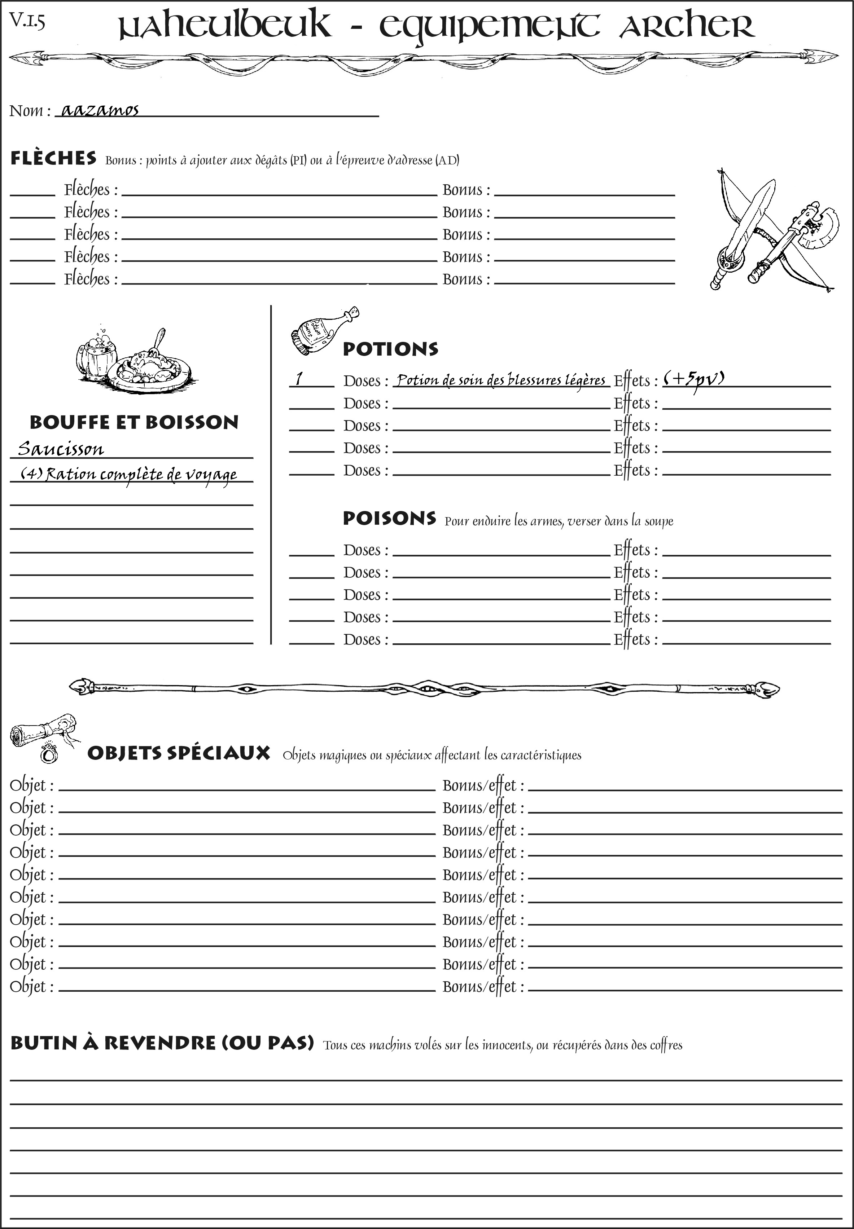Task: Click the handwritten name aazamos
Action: click(100, 110)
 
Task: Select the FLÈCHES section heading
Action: click(53, 158)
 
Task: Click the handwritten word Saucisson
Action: click(61, 448)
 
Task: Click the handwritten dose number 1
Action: click(299, 379)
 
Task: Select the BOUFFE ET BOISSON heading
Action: click(134, 422)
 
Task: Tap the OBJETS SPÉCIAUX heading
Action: click(179, 753)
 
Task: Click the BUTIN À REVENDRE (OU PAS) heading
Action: click(162, 1043)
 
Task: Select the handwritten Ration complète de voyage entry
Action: click(128, 474)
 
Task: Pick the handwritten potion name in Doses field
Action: click(501, 380)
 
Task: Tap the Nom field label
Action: click(30, 111)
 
